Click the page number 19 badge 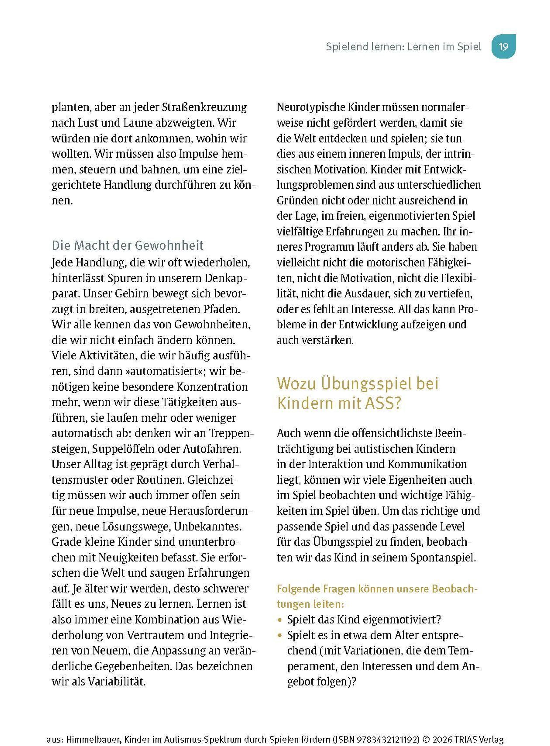click(503, 46)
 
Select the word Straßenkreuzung click(204, 107)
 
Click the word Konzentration click(212, 387)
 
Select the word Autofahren click(212, 449)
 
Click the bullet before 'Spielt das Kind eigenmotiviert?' click(280, 620)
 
